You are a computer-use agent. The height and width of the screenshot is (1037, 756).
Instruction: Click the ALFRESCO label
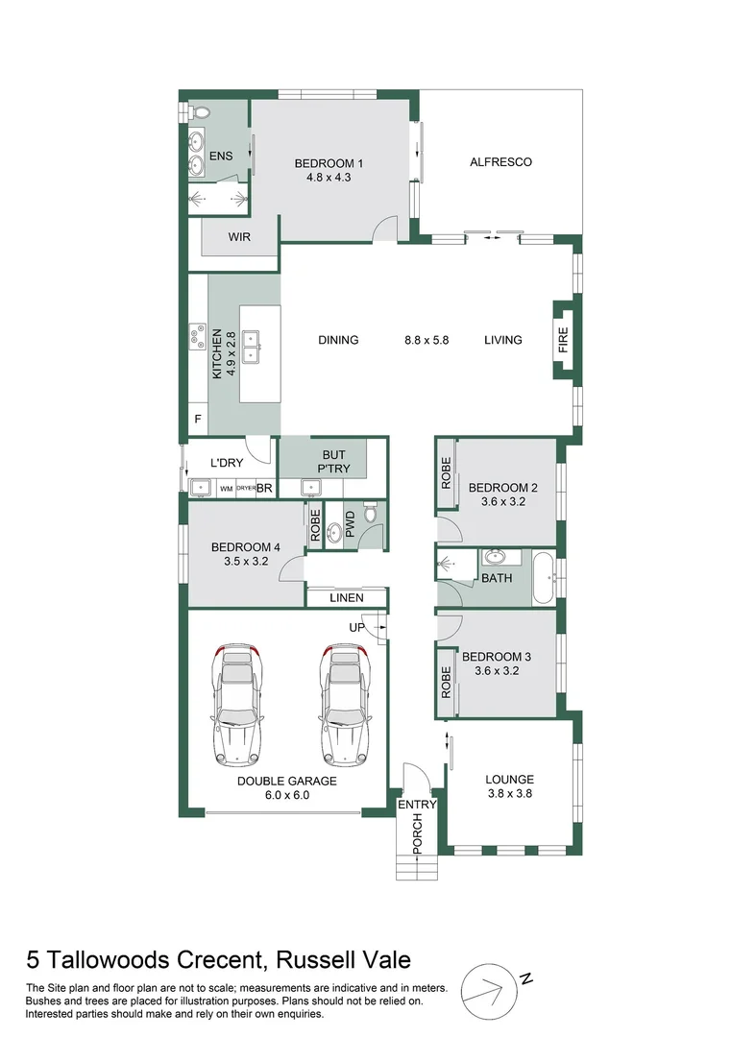(500, 162)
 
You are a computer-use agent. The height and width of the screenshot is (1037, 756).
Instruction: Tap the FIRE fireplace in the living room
(563, 340)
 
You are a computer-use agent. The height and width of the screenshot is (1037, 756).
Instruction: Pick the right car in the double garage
(344, 705)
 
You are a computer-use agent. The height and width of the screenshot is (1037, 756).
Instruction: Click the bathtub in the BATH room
(544, 578)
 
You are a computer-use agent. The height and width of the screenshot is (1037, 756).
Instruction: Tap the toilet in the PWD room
(371, 513)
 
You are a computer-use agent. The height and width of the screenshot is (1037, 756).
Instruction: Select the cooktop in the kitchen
(197, 336)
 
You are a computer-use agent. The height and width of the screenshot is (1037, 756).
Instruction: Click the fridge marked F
(198, 420)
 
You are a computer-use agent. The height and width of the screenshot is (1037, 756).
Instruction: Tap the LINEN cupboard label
(347, 598)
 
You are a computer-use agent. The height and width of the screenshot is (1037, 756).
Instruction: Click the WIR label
(239, 237)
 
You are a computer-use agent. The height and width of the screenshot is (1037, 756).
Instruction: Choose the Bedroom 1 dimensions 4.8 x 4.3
(329, 178)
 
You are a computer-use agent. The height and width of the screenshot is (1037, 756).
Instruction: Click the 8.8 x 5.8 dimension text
(427, 340)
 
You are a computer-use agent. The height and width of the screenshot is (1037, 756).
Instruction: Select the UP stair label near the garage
(356, 627)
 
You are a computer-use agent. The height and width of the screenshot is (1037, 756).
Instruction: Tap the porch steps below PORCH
(417, 867)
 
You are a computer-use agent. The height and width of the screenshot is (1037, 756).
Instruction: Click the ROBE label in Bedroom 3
(446, 682)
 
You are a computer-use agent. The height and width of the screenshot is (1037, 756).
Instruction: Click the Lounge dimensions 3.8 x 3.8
(510, 794)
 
